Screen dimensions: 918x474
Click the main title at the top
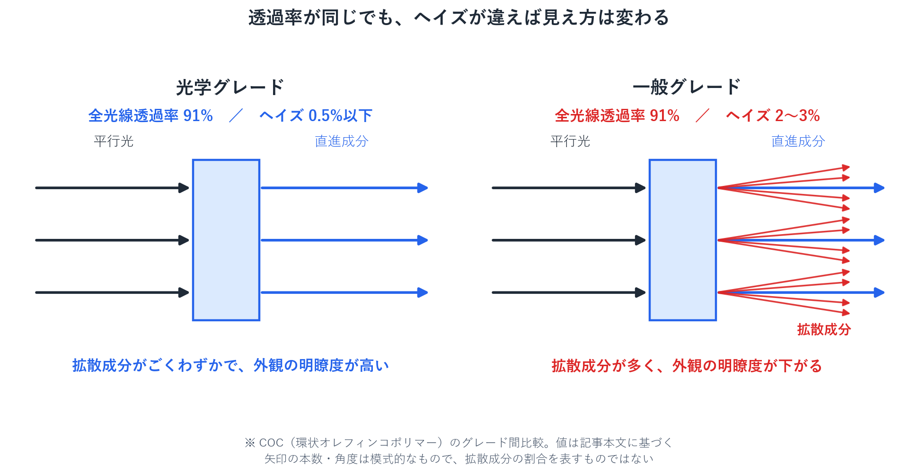click(459, 18)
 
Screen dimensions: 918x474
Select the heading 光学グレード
click(229, 87)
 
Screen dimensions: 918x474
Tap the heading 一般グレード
click(686, 87)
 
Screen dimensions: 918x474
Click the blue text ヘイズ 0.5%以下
click(316, 115)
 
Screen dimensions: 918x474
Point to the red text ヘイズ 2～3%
click(773, 115)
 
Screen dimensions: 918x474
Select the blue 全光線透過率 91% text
click(150, 115)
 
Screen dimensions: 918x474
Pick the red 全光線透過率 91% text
click(617, 115)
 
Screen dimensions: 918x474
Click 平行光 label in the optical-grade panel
click(114, 141)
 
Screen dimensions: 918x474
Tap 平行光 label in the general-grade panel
click(570, 141)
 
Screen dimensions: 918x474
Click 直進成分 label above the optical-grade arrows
click(342, 141)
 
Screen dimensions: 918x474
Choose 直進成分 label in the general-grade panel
click(798, 141)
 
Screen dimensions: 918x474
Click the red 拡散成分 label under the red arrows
click(824, 329)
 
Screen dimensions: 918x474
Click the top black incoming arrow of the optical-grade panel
click(112, 188)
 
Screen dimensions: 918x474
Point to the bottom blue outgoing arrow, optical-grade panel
click(344, 292)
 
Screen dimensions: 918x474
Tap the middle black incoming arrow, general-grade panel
click(569, 240)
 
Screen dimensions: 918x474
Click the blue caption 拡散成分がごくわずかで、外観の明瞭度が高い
click(230, 365)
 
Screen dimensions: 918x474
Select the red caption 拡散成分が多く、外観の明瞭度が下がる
click(687, 365)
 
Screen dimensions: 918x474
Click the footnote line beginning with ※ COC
click(459, 442)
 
